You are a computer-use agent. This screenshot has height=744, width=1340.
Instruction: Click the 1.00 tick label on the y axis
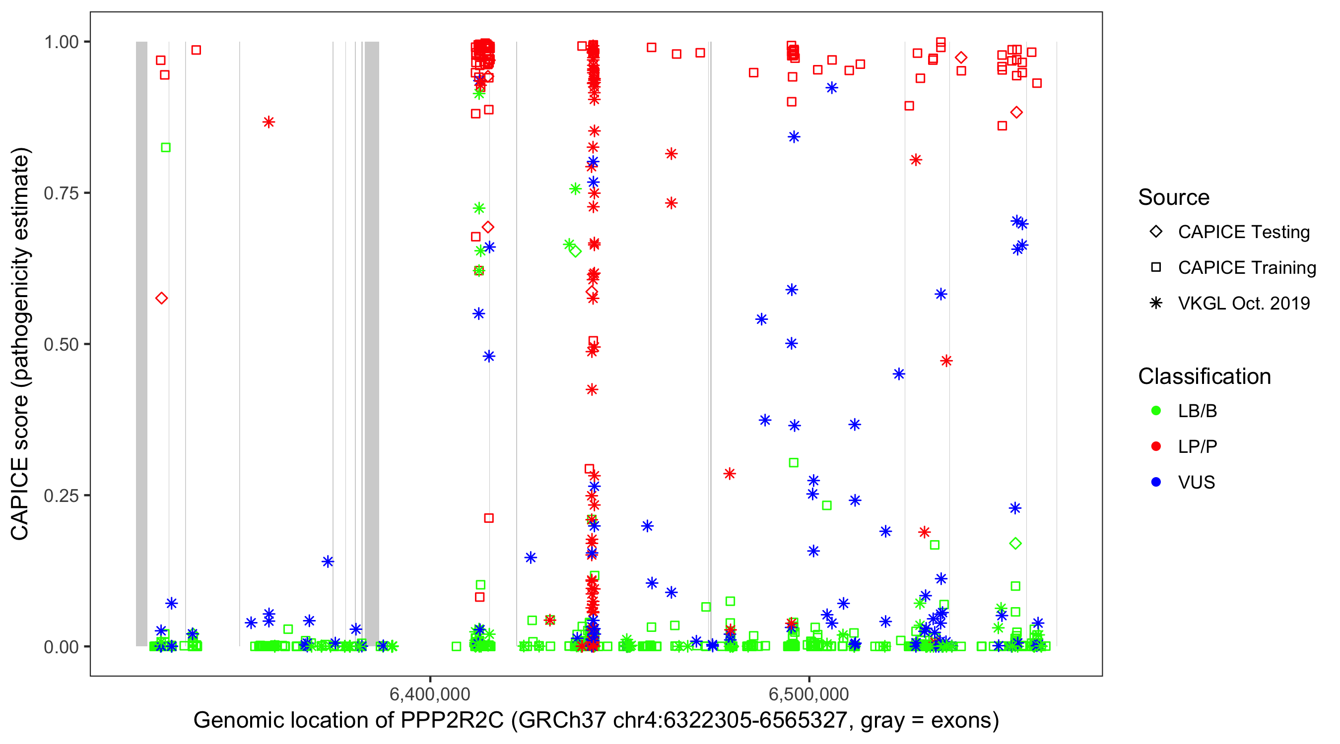61,42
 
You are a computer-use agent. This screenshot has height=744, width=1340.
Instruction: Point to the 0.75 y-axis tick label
61,193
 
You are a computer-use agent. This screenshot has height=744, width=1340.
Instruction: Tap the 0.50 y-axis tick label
61,344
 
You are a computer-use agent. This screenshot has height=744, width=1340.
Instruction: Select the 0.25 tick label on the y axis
61,496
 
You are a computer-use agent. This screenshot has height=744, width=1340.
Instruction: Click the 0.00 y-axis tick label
61,647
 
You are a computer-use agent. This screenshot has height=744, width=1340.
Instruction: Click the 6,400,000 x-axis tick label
430,694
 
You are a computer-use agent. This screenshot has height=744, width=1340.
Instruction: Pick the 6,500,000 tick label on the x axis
809,694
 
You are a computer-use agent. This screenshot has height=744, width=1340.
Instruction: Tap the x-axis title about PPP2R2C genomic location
596,721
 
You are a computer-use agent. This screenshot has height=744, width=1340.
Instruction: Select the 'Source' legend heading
1174,197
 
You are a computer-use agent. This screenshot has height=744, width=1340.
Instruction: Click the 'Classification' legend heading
1204,376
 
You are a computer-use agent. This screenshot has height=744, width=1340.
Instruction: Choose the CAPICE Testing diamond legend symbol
1156,232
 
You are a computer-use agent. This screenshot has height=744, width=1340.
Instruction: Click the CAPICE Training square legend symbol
1156,268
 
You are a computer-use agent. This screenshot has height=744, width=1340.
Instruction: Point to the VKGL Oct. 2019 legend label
1244,304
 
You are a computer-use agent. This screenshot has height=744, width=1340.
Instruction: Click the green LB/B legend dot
1156,411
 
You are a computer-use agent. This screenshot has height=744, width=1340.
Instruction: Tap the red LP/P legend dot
1156,446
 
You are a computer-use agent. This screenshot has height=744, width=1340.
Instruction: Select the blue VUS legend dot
1156,483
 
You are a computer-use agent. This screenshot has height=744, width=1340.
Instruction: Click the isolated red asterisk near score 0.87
268,122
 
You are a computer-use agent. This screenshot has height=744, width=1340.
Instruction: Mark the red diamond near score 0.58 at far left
161,299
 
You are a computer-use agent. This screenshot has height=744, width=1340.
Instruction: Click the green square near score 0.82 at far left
165,148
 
